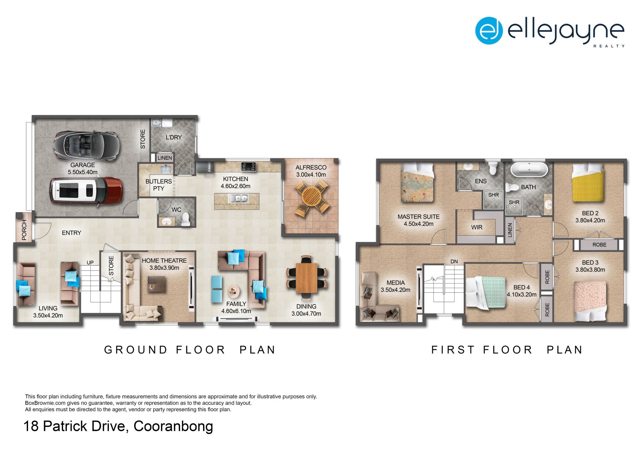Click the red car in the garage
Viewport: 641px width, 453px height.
pos(86,190)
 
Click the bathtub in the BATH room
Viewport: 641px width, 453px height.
pos(529,170)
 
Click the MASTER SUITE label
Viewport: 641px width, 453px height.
pos(418,217)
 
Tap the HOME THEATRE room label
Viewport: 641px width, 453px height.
pos(164,261)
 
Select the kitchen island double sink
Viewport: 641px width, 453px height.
pos(238,199)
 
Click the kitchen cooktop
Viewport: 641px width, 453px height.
pos(249,166)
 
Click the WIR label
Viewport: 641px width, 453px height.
pos(477,227)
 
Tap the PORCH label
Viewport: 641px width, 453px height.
pos(24,230)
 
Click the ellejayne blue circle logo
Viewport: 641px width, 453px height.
pos(489,31)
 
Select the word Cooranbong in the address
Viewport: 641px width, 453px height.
pos(173,427)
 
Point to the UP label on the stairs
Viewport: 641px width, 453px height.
pos(90,263)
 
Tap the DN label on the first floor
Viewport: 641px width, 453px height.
pos(454,262)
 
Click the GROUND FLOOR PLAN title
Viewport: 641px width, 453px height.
pos(190,350)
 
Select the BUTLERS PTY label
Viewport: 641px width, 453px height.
pos(159,185)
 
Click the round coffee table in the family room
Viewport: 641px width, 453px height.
pos(233,291)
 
